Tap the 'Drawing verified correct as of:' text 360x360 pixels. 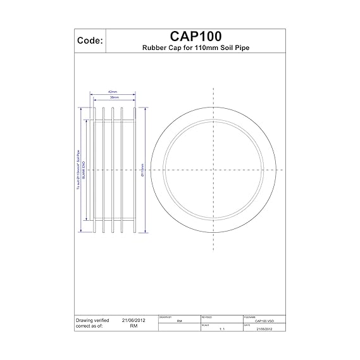coord(96,324)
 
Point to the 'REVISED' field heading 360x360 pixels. coord(206,316)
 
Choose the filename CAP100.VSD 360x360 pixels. coord(264,321)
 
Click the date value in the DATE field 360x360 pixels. coord(264,329)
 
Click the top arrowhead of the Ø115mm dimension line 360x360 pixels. coord(139,113)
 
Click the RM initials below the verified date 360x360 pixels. coord(133,327)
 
